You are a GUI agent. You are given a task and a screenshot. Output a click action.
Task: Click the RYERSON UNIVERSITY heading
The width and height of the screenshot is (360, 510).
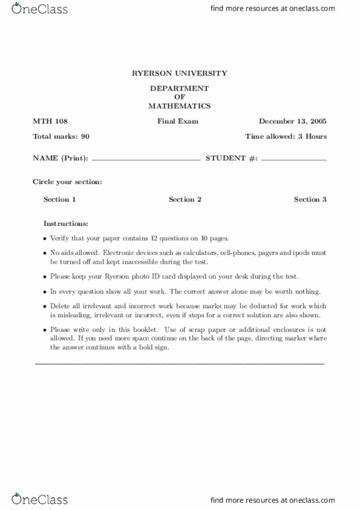[x=179, y=74]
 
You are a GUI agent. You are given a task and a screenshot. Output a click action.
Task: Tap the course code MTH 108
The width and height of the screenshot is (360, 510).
[x=50, y=122]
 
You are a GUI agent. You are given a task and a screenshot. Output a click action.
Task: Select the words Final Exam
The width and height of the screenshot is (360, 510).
[x=177, y=122]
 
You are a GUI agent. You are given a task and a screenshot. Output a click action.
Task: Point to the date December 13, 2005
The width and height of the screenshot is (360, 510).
[x=292, y=122]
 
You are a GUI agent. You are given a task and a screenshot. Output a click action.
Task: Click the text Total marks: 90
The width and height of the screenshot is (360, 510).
[x=61, y=136]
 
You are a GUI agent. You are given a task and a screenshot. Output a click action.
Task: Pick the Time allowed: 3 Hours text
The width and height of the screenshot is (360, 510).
[x=286, y=136]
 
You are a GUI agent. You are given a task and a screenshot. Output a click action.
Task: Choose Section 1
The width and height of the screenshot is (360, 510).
[x=60, y=199]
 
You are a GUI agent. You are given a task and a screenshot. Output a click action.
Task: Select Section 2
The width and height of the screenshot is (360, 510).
[x=185, y=199]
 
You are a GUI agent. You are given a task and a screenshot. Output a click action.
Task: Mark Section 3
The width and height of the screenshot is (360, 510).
[x=310, y=199]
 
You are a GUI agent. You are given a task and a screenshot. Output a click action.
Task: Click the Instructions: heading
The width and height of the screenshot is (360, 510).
[x=66, y=224]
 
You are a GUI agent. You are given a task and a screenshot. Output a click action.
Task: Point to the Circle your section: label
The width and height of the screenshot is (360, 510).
[x=67, y=181]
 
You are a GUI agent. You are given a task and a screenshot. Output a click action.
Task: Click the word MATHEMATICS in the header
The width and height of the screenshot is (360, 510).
[x=179, y=106]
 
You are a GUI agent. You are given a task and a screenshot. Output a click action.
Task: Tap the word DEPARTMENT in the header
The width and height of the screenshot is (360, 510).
[x=179, y=88]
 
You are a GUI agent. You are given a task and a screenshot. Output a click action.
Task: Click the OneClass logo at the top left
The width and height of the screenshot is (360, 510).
[x=40, y=9]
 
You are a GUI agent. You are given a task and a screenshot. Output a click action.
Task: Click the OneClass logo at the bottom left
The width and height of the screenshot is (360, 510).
[x=40, y=499]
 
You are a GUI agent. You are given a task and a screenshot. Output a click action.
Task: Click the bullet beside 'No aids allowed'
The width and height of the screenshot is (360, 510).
[x=45, y=253]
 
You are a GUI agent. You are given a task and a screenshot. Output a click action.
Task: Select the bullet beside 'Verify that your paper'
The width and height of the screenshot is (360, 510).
[x=45, y=238]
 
